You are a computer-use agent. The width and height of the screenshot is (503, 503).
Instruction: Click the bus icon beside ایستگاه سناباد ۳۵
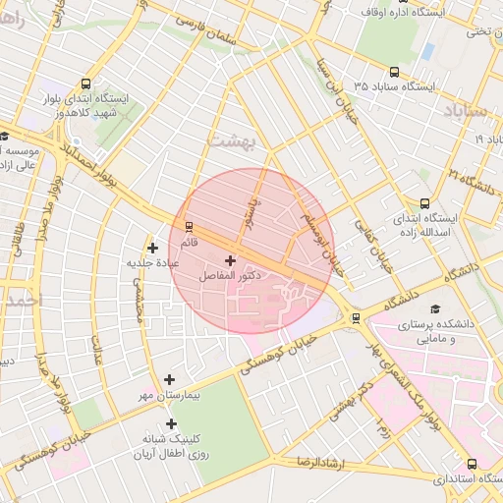tap(395, 72)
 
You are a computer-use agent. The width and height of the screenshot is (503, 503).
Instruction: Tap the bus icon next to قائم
tap(189, 227)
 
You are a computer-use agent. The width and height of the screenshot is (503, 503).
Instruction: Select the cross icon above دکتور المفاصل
tap(230, 261)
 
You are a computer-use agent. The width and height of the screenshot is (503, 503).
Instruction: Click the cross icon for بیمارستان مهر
tap(170, 379)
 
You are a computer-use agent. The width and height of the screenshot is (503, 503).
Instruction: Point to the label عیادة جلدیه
tap(151, 263)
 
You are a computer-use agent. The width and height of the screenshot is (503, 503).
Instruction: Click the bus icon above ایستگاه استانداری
tap(472, 464)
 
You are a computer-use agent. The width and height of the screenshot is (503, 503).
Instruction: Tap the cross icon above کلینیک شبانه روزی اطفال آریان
tap(172, 424)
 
